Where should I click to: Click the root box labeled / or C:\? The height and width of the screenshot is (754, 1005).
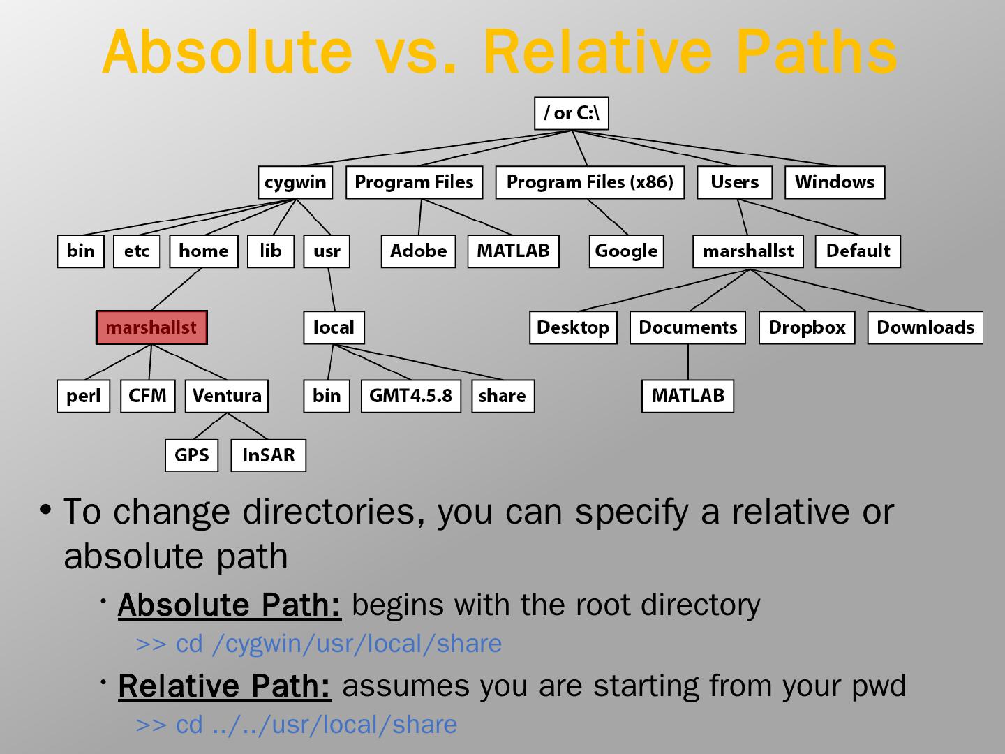click(x=571, y=113)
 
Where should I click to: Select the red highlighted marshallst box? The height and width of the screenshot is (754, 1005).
click(x=151, y=327)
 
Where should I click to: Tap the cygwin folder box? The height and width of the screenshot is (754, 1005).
click(x=295, y=182)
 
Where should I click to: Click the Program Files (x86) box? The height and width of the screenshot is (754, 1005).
click(x=590, y=182)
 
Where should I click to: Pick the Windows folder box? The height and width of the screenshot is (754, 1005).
click(x=834, y=182)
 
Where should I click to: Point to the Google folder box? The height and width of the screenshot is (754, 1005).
click(x=626, y=251)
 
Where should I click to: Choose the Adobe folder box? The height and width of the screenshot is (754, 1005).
click(x=418, y=251)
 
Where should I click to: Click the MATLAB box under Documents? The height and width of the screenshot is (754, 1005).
click(x=687, y=396)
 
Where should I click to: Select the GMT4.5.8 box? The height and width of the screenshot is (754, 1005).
click(x=410, y=396)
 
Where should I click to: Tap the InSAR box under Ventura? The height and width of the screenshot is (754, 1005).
click(x=269, y=455)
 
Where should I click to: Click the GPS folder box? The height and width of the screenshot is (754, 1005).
click(x=191, y=455)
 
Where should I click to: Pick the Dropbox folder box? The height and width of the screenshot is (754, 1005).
click(x=806, y=327)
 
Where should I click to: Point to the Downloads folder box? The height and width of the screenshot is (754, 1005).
click(x=925, y=327)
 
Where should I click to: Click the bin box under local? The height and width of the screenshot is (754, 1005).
click(x=326, y=396)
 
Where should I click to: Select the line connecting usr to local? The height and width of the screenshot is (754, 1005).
click(x=332, y=289)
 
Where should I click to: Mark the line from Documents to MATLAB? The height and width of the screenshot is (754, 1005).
click(x=688, y=362)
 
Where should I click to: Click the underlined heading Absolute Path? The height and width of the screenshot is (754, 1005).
click(x=230, y=605)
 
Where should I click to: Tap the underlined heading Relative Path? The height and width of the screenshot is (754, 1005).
click(x=225, y=686)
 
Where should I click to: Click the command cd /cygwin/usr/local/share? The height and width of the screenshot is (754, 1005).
click(x=319, y=644)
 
